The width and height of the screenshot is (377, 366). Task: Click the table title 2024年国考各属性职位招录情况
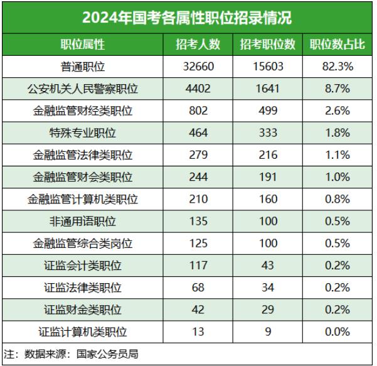click(188, 17)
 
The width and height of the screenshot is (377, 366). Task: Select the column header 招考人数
click(198, 45)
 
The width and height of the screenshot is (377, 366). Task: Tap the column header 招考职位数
click(268, 45)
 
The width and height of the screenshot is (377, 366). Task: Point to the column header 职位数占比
click(337, 45)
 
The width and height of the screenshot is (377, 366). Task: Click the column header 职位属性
click(83, 45)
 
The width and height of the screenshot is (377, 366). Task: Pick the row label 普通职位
click(83, 67)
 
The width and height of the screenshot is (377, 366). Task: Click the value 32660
click(198, 67)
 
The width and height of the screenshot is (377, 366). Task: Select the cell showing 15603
click(268, 67)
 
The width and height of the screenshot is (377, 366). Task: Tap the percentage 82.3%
click(337, 67)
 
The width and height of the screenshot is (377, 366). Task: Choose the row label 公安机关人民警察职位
click(83, 89)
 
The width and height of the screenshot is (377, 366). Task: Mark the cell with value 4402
click(198, 89)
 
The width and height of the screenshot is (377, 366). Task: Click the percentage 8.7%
click(337, 89)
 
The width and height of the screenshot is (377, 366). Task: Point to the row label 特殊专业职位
click(83, 133)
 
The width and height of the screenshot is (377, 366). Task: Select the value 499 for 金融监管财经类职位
click(268, 111)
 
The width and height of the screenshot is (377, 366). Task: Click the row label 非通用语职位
click(83, 222)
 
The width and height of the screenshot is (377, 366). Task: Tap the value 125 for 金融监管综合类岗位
click(198, 244)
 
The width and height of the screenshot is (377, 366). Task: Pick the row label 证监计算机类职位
click(83, 332)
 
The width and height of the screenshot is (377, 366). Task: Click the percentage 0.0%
click(337, 332)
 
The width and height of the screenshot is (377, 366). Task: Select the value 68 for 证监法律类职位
click(198, 288)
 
